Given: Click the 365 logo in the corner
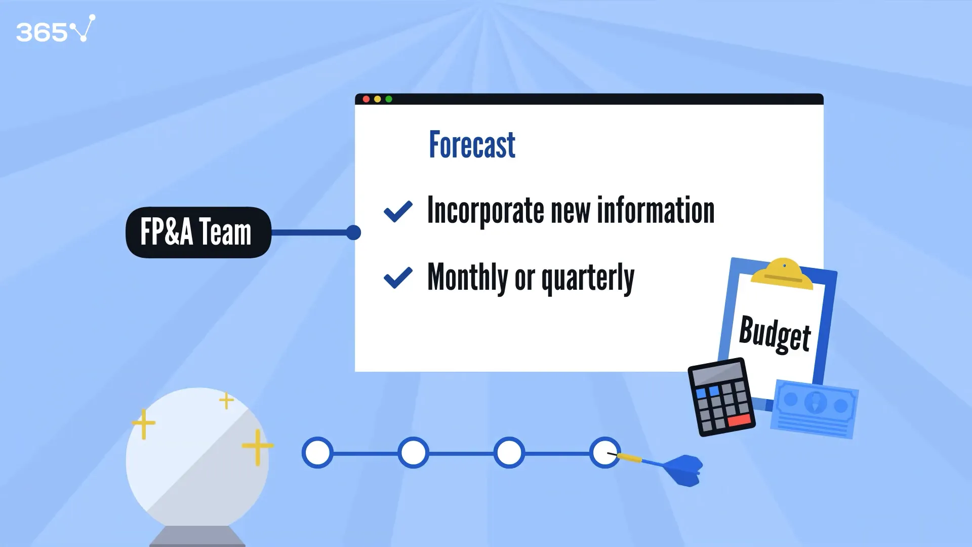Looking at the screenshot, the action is (56, 29).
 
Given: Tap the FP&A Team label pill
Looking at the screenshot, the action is (198, 232).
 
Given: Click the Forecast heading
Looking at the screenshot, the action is (472, 145).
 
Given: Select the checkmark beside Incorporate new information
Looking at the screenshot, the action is (398, 211).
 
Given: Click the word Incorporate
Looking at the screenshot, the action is (485, 211).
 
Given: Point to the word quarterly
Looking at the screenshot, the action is (588, 278).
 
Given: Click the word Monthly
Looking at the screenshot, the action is (468, 277).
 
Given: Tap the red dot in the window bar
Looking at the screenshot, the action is (366, 99).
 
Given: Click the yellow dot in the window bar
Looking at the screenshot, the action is (377, 99).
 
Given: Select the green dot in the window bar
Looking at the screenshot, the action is (389, 99).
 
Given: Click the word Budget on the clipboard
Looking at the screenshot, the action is (775, 334).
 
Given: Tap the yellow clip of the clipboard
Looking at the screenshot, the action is (782, 275).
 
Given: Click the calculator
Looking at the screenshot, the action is (721, 397).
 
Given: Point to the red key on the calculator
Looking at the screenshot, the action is (740, 420).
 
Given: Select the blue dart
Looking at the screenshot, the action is (658, 466).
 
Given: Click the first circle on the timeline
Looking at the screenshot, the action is (317, 453).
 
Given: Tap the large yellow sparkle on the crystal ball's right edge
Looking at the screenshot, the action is (258, 447).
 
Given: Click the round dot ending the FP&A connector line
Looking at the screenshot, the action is (353, 232).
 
